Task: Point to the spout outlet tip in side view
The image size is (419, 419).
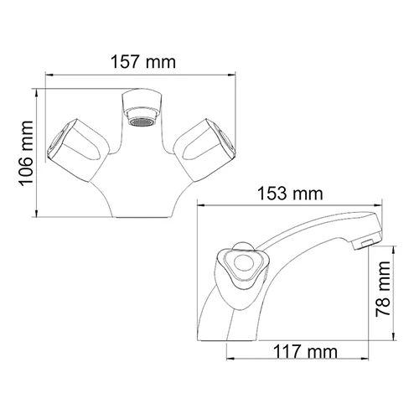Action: tap(366, 244)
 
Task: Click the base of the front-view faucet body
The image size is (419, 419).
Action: tap(141, 214)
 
